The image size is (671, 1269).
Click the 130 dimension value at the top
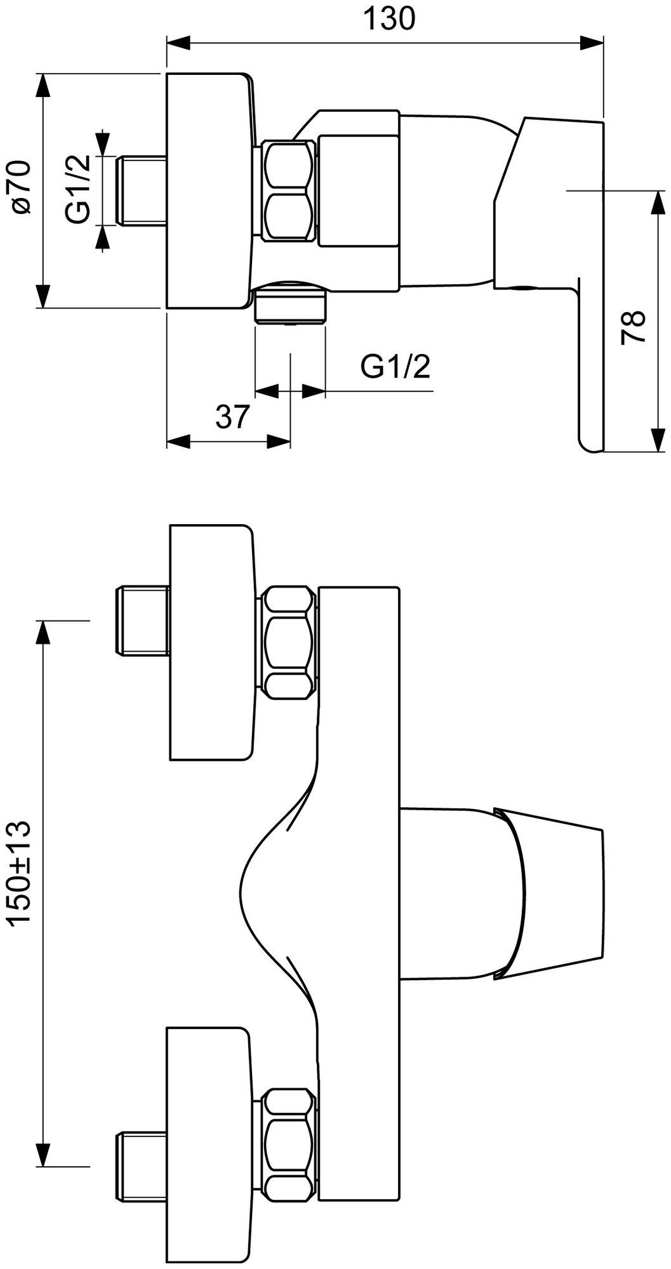click(x=389, y=19)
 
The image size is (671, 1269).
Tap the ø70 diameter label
click(x=20, y=188)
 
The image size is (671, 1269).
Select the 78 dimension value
click(x=634, y=327)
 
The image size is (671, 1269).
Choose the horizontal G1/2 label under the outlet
click(x=395, y=366)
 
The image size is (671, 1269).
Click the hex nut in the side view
click(x=289, y=191)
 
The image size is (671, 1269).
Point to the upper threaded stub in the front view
click(x=141, y=621)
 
